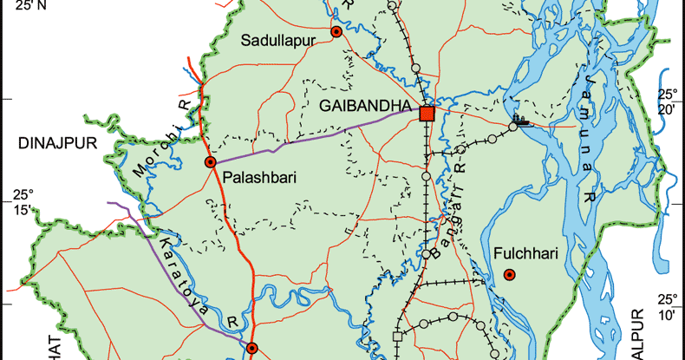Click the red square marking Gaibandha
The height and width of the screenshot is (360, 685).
pyautogui.click(x=427, y=114)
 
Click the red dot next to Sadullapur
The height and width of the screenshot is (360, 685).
pyautogui.click(x=336, y=33)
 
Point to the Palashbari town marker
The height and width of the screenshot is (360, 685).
pyautogui.click(x=210, y=162)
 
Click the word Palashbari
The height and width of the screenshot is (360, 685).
pyautogui.click(x=260, y=178)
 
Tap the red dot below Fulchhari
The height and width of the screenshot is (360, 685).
pyautogui.click(x=510, y=276)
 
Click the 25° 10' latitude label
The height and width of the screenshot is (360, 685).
pyautogui.click(x=667, y=307)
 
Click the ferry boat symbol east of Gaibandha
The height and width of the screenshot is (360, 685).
pyautogui.click(x=519, y=121)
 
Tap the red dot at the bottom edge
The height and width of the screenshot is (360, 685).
pyautogui.click(x=251, y=349)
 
